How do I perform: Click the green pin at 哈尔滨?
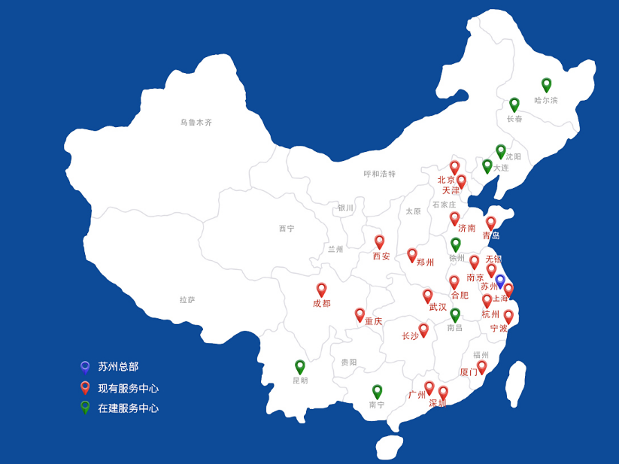point(547,84)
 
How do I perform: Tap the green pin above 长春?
point(514,104)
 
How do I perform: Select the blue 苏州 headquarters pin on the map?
point(500,281)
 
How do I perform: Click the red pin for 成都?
point(321,290)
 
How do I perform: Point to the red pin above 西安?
point(380,241)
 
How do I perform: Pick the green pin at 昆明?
point(300,366)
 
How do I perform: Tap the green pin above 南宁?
point(378,391)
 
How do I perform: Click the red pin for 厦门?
point(482,366)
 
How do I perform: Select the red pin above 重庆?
point(360,314)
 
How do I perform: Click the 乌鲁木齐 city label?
point(196,123)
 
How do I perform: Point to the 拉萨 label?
point(187,300)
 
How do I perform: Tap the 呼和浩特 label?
point(380,174)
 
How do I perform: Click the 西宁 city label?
point(287,229)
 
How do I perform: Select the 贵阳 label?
point(349,362)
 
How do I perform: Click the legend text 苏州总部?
point(118,367)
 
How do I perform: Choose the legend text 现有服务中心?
point(128,389)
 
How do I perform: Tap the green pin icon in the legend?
point(85,407)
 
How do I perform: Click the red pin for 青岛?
point(491,223)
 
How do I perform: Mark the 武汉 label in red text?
point(438,307)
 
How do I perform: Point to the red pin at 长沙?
point(423,329)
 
